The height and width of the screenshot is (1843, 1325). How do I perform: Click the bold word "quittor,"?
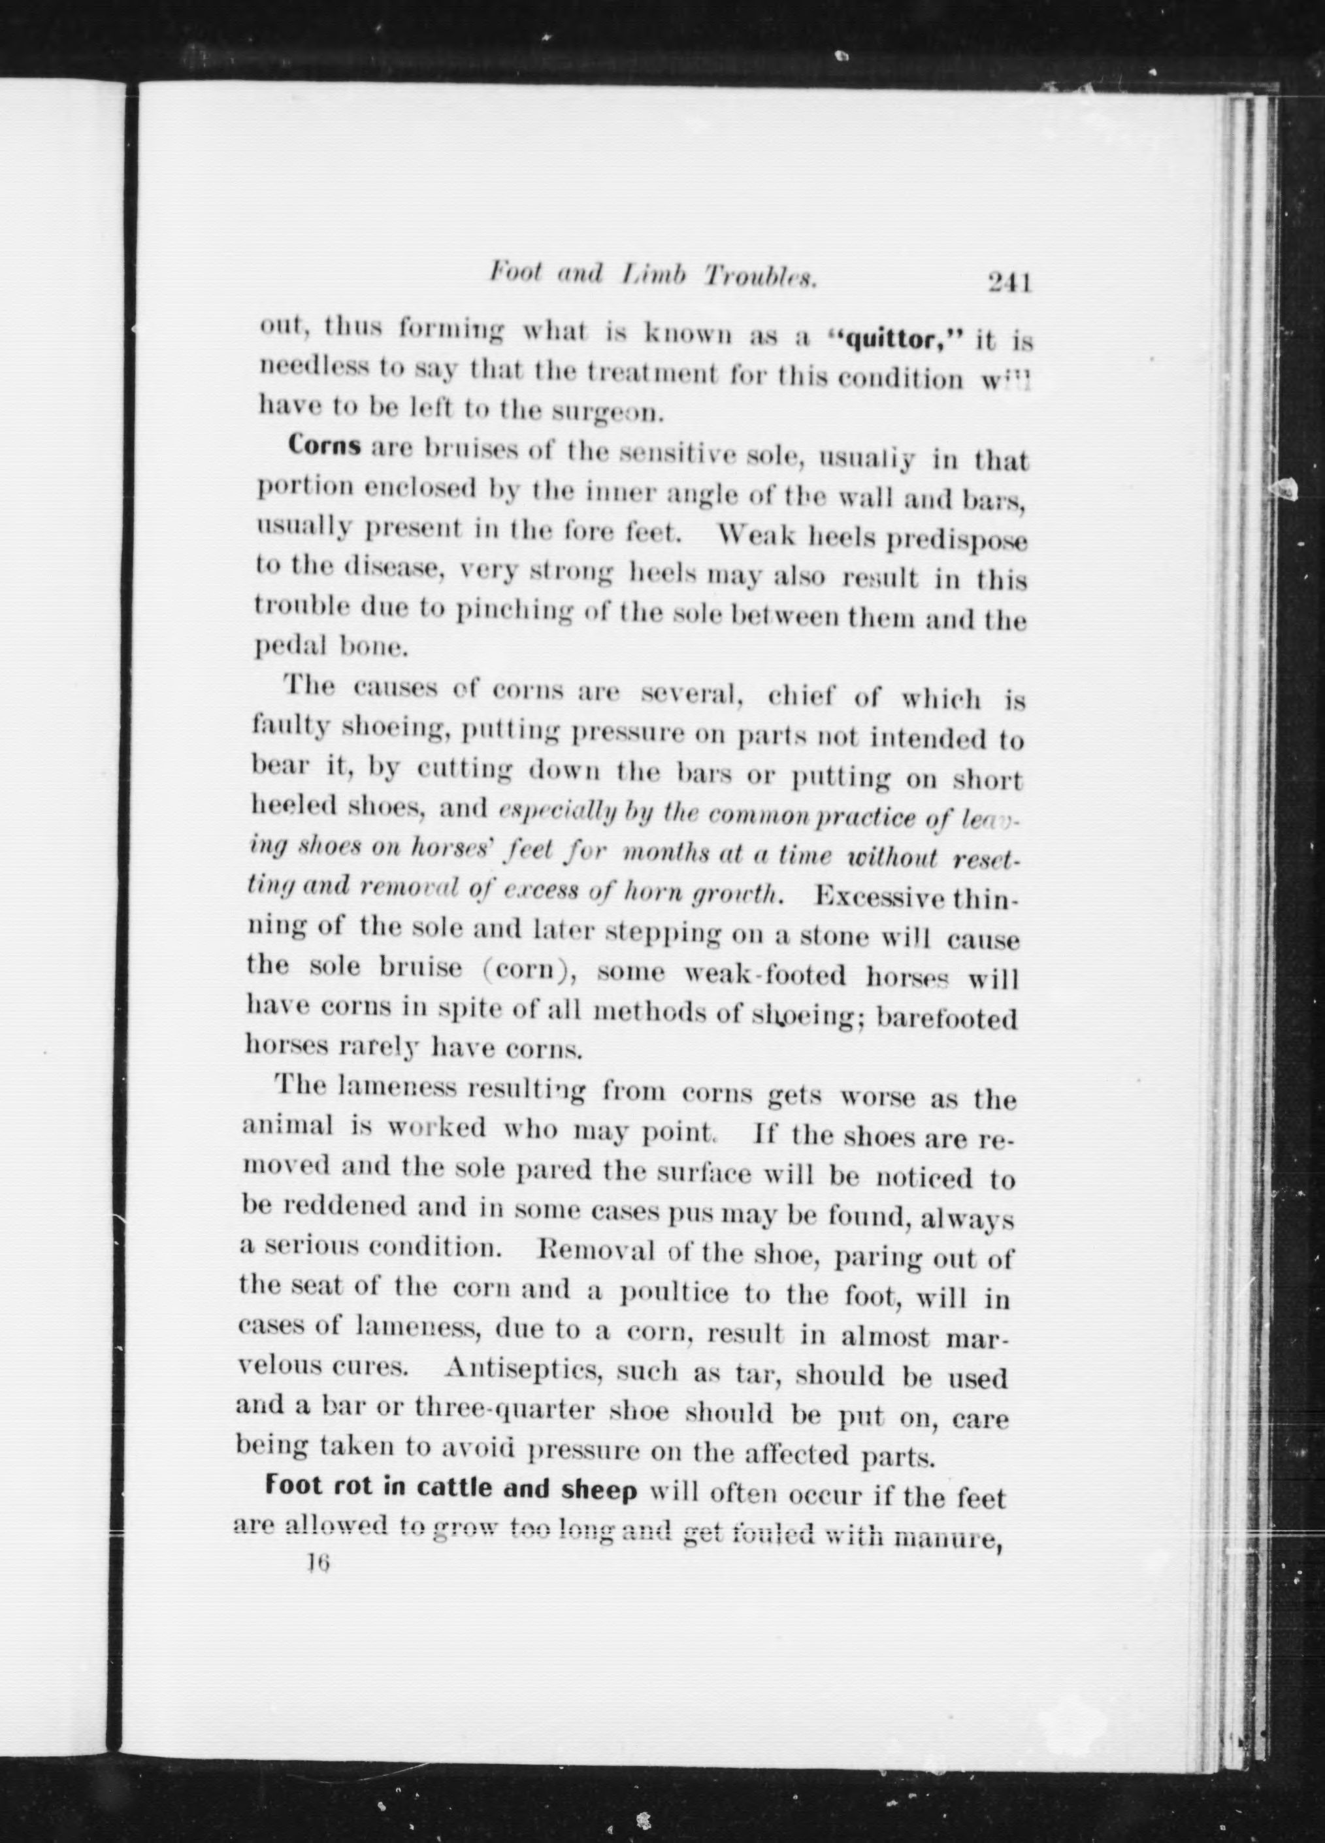coord(894,338)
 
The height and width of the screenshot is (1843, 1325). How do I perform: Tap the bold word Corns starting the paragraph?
coord(325,448)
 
